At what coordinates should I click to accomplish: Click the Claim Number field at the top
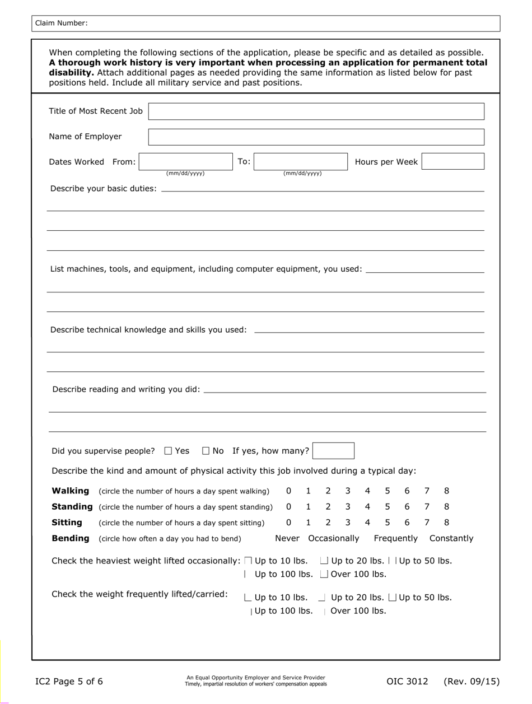[x=291, y=23]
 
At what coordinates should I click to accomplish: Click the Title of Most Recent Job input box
[x=316, y=111]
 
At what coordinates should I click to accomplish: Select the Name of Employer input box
[x=316, y=137]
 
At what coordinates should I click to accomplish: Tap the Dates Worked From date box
[x=185, y=161]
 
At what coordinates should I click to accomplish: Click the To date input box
[x=301, y=161]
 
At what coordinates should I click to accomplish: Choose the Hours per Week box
[x=452, y=161]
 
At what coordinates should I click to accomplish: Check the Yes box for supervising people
[x=169, y=451]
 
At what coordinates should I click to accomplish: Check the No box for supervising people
[x=206, y=451]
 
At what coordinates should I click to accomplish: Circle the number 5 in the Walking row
[x=387, y=491]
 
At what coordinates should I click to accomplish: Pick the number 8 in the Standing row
[x=446, y=507]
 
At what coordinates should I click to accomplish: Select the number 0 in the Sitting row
[x=288, y=523]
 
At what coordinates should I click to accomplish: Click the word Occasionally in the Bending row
[x=333, y=538]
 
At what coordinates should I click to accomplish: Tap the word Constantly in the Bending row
[x=451, y=538]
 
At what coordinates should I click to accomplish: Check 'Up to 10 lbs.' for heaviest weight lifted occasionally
[x=249, y=561]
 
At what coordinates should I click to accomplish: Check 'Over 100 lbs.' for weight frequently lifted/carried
[x=325, y=611]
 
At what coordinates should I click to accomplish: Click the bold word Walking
[x=70, y=491]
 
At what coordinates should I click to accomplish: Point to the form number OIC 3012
[x=407, y=682]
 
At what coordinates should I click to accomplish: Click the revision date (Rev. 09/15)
[x=472, y=682]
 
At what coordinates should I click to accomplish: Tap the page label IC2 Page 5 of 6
[x=69, y=682]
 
